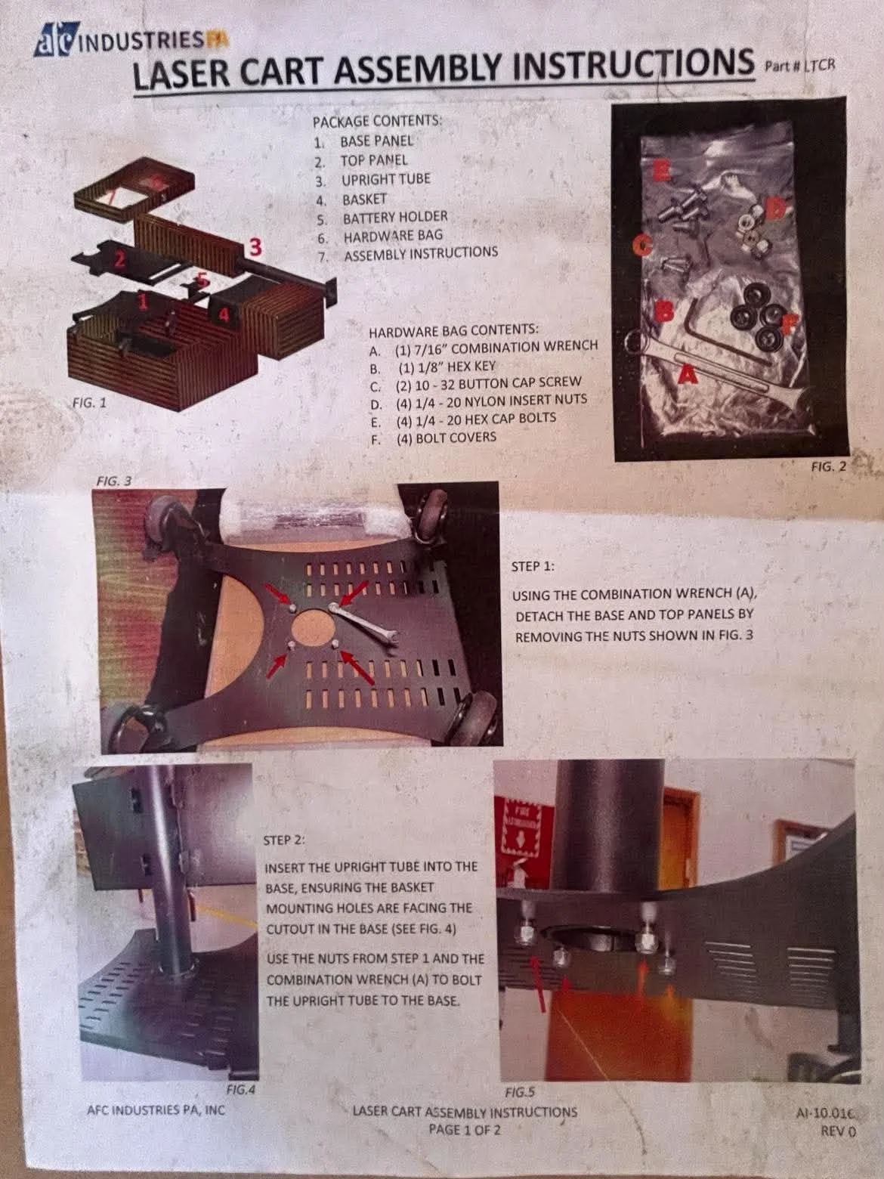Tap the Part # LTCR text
[x=800, y=66]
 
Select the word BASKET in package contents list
[x=364, y=200]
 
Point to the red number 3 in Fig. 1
[x=255, y=248]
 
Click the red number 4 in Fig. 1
[x=224, y=313]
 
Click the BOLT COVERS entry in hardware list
[x=434, y=438]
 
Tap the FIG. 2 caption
[x=828, y=467]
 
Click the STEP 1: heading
[x=533, y=567]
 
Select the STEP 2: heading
[x=284, y=840]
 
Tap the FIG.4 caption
[x=240, y=1090]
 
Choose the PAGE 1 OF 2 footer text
[x=464, y=1130]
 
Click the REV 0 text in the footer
[x=839, y=1131]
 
